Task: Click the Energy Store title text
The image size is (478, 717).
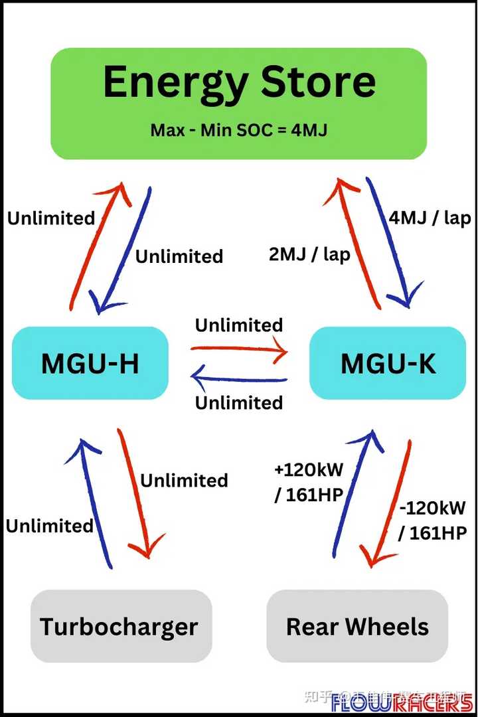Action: click(239, 82)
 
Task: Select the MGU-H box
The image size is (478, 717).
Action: click(90, 363)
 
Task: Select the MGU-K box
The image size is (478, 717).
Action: click(388, 363)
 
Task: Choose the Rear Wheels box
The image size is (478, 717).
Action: click(357, 626)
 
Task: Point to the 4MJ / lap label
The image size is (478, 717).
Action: click(429, 218)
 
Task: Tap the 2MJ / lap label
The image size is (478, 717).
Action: click(309, 254)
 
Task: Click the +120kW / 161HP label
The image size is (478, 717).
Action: click(309, 482)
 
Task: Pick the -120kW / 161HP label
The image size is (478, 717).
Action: click(433, 520)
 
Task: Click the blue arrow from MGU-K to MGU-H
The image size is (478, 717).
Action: click(239, 379)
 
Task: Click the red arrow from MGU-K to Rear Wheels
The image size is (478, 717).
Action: click(387, 505)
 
